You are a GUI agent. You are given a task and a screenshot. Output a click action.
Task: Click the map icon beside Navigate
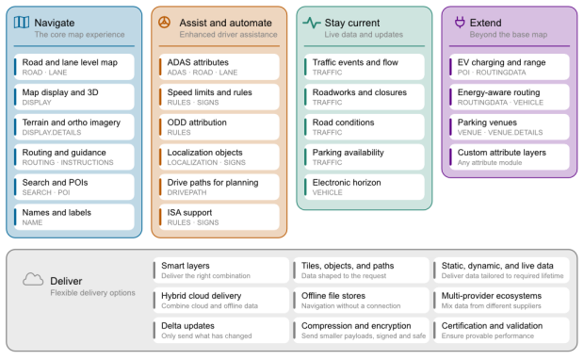pyautogui.click(x=22, y=23)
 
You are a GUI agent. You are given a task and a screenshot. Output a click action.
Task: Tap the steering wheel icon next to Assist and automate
pyautogui.click(x=164, y=23)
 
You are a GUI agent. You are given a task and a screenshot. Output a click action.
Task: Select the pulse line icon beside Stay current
pyautogui.click(x=312, y=23)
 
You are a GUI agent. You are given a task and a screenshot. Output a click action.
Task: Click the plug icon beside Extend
pyautogui.click(x=460, y=23)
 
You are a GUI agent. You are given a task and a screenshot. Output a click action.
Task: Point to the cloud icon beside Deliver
pyautogui.click(x=33, y=280)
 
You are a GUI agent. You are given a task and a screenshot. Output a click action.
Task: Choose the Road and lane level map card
pyautogui.click(x=74, y=67)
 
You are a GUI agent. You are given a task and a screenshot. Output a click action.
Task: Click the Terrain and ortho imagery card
pyautogui.click(x=74, y=126)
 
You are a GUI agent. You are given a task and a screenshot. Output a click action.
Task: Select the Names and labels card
pyautogui.click(x=74, y=217)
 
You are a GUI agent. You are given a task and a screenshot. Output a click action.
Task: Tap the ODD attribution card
pyautogui.click(x=219, y=126)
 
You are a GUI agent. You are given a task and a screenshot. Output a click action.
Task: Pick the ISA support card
pyautogui.click(x=219, y=217)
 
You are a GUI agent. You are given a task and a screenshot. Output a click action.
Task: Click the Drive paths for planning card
pyautogui.click(x=219, y=187)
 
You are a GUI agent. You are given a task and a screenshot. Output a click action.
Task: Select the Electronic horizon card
pyautogui.click(x=365, y=187)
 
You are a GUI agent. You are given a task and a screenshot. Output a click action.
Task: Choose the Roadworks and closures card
pyautogui.click(x=365, y=97)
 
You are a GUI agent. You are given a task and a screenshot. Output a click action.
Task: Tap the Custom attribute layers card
pyautogui.click(x=510, y=156)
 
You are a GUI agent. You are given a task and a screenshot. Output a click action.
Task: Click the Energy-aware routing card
pyautogui.click(x=510, y=97)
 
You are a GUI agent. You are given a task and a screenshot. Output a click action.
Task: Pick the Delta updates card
pyautogui.click(x=220, y=330)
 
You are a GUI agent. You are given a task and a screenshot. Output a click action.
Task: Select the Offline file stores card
pyautogui.click(x=362, y=300)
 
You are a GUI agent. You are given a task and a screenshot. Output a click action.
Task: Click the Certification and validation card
pyautogui.click(x=501, y=330)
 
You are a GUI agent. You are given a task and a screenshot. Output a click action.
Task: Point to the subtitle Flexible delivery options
pyautogui.click(x=92, y=293)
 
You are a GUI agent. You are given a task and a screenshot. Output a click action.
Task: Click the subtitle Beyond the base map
pyautogui.click(x=509, y=35)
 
